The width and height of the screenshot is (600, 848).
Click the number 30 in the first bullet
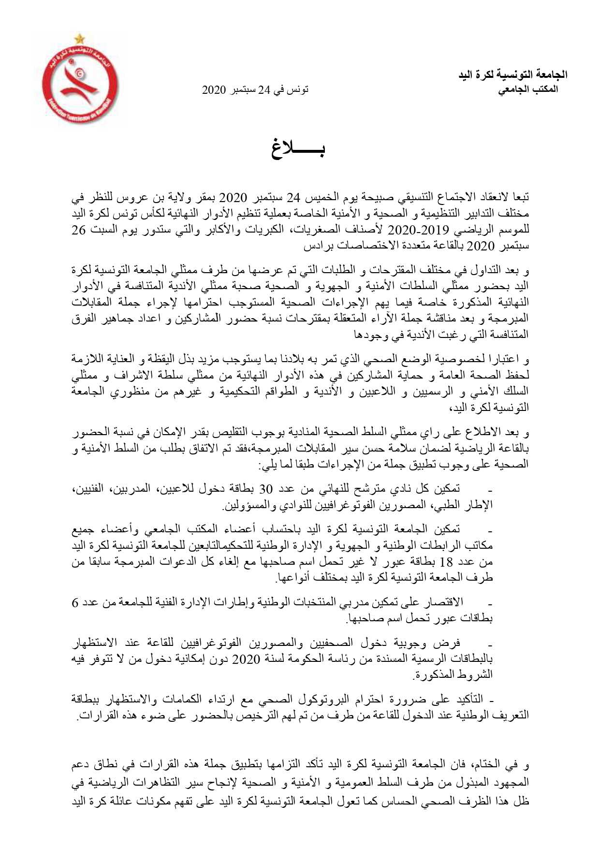(x=268, y=488)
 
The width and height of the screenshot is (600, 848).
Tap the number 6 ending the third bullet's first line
(x=526, y=604)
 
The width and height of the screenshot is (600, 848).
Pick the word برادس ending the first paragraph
(x=318, y=246)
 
